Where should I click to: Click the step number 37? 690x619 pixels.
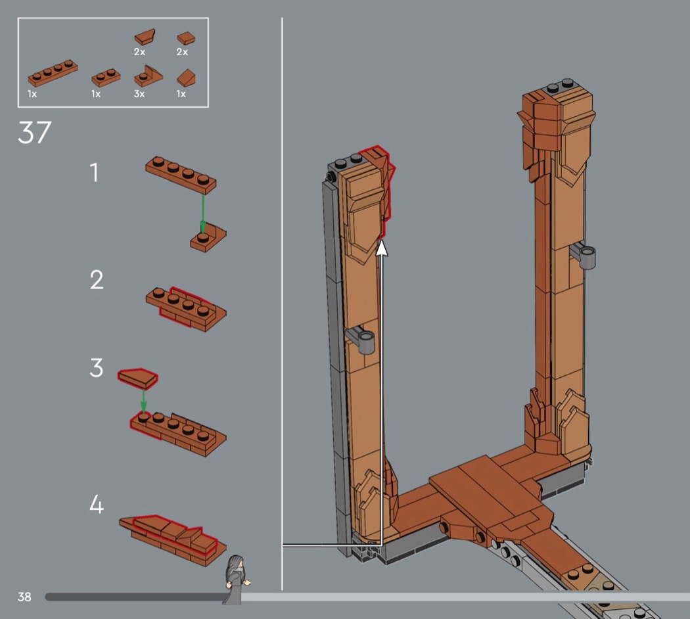pos(34,133)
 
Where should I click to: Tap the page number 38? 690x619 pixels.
pos(24,597)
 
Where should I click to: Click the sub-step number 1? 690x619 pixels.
pos(94,172)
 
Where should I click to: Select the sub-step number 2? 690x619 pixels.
pos(97,280)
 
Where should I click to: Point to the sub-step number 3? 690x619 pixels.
pos(97,368)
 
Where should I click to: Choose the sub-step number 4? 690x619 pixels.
pos(97,504)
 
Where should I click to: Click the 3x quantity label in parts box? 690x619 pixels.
pos(139,94)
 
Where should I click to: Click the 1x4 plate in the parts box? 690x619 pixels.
pos(53,73)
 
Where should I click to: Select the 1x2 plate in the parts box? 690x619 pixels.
pos(106,78)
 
